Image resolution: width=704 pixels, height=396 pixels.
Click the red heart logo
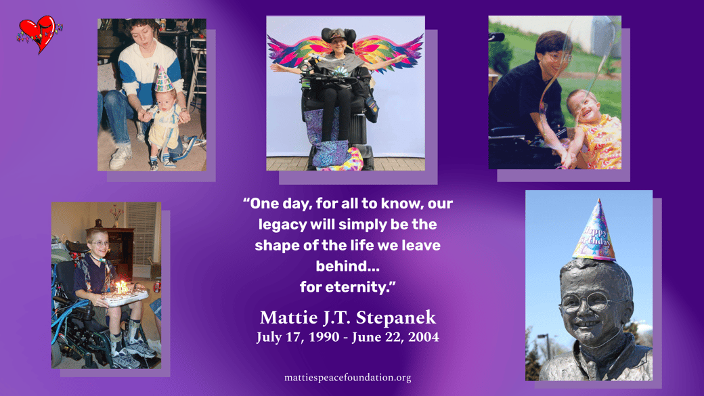coord(39,34)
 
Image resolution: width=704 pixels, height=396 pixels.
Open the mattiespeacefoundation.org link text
coord(347,378)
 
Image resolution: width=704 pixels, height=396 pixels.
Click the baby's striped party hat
coord(163,79)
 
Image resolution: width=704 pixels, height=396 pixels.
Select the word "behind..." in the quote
coord(347,266)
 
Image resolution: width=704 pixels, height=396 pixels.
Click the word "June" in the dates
coord(366,336)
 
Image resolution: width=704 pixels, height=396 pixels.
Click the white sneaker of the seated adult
coord(119,158)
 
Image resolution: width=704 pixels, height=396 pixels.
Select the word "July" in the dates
coord(269,337)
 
